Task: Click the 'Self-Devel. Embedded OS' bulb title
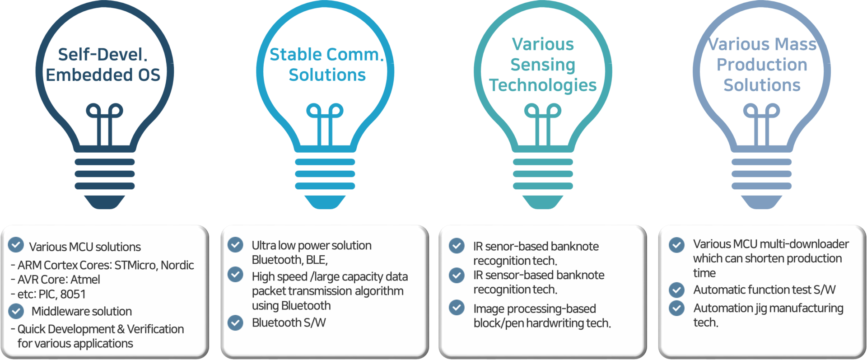pos(103,65)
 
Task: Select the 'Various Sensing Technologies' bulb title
pos(543,65)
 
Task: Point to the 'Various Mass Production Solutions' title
pos(762,65)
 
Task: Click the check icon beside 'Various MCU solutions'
pos(16,245)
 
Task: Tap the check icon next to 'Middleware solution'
pos(16,311)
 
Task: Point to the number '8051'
pos(73,294)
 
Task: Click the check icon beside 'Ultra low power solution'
pos(235,244)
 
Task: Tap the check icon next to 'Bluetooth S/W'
pos(235,323)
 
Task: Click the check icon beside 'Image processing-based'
pos(457,308)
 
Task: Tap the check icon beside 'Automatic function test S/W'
pos(676,289)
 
